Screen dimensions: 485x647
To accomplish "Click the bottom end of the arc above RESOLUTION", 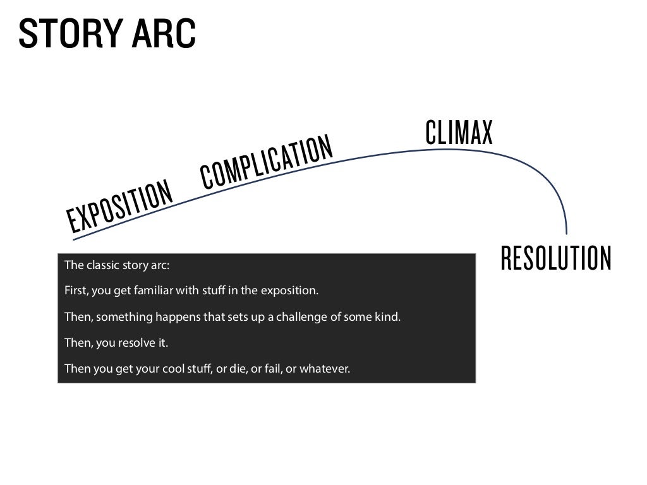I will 567,232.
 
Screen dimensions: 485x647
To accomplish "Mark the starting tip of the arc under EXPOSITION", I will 74,239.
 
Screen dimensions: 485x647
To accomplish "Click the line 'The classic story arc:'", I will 117,265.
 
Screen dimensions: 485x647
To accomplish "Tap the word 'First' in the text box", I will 76,291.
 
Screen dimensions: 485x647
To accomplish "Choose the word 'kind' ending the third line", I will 387,317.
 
